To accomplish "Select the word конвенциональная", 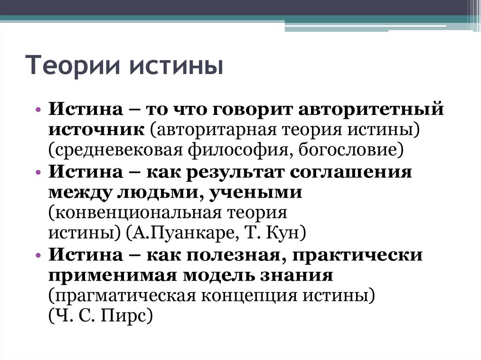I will pyautogui.click(x=134, y=213).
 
